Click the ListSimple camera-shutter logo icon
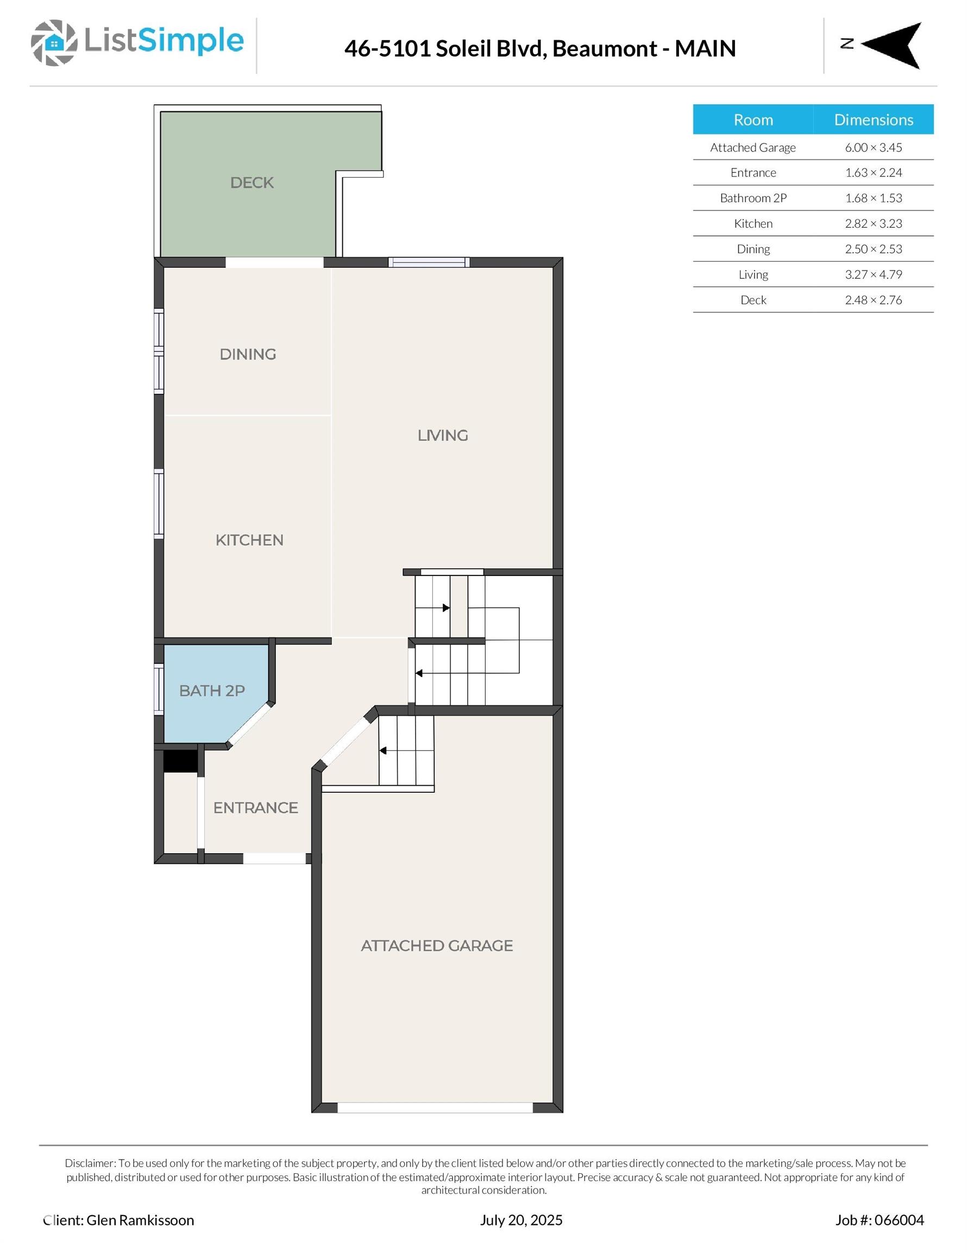tap(54, 43)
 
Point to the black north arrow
tap(891, 45)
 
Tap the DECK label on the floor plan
tap(252, 183)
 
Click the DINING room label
tap(248, 354)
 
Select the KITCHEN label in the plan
tap(249, 540)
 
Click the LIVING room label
tap(443, 436)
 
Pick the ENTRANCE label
tap(256, 807)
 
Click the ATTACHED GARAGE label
tap(437, 946)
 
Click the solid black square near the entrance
tap(180, 761)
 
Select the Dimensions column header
tap(874, 120)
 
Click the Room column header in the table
tap(753, 120)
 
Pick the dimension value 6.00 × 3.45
tap(874, 147)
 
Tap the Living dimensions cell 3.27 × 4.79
tap(874, 274)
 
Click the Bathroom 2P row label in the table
tap(753, 198)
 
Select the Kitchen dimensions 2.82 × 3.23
tap(874, 223)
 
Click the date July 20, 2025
tap(521, 1220)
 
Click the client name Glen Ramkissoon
tap(141, 1220)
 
